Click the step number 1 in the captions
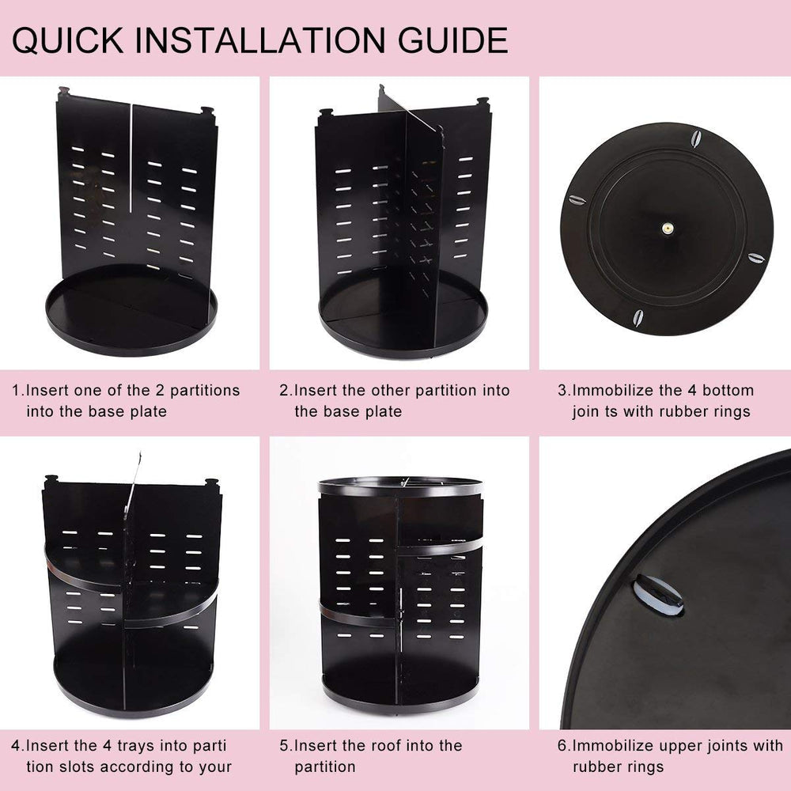click(15, 391)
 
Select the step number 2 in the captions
click(284, 391)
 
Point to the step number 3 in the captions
click(562, 391)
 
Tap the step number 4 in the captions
click(16, 746)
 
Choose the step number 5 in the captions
click(284, 746)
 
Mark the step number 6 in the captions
click(562, 746)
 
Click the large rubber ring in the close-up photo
click(658, 596)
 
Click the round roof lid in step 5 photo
click(399, 486)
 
